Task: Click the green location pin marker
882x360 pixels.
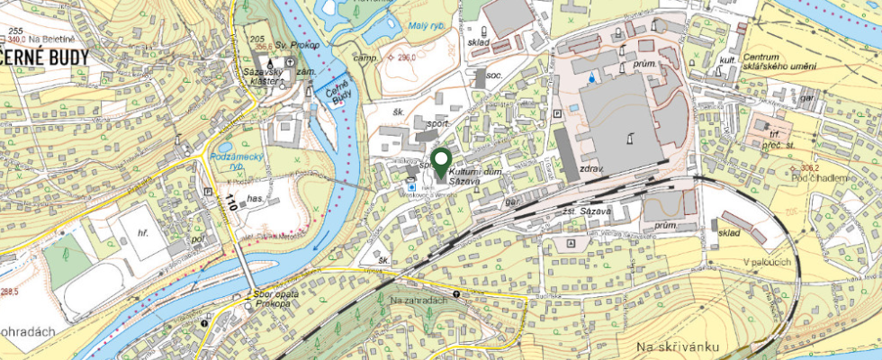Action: (x=440, y=162)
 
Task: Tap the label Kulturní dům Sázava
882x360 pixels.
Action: (x=478, y=175)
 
